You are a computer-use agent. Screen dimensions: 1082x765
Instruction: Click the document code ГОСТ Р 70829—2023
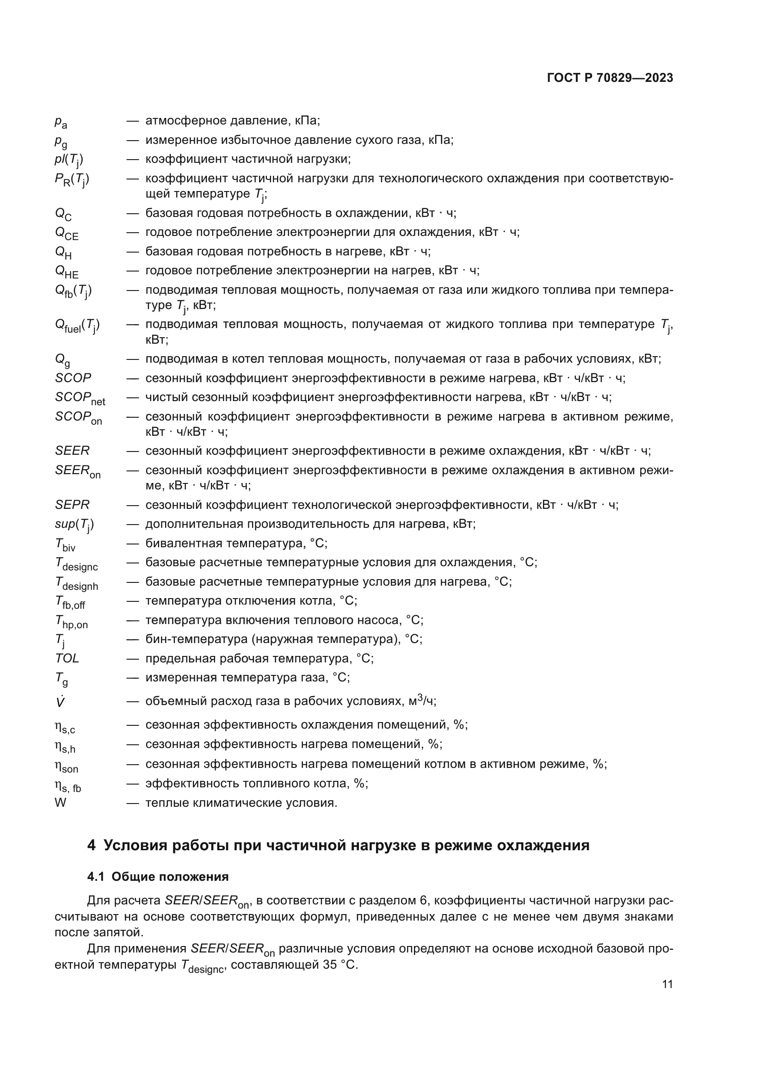click(x=610, y=78)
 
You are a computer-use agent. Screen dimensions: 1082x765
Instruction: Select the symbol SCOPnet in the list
click(x=80, y=398)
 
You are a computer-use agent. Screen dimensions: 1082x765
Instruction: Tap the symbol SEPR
click(x=72, y=505)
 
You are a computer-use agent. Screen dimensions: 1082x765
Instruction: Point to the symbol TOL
click(x=67, y=658)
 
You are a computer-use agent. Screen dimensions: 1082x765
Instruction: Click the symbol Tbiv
click(x=65, y=544)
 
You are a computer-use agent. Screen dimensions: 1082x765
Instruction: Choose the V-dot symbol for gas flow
click(x=60, y=702)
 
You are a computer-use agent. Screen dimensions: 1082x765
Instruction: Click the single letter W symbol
click(x=60, y=803)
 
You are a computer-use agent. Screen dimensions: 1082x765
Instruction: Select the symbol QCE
click(x=67, y=233)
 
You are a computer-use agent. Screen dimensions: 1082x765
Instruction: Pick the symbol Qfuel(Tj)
click(x=77, y=325)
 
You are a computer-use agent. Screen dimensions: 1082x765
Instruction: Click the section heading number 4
click(x=91, y=846)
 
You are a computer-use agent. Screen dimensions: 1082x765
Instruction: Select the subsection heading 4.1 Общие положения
click(x=158, y=877)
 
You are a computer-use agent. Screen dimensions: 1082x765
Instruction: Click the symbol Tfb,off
click(x=70, y=602)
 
